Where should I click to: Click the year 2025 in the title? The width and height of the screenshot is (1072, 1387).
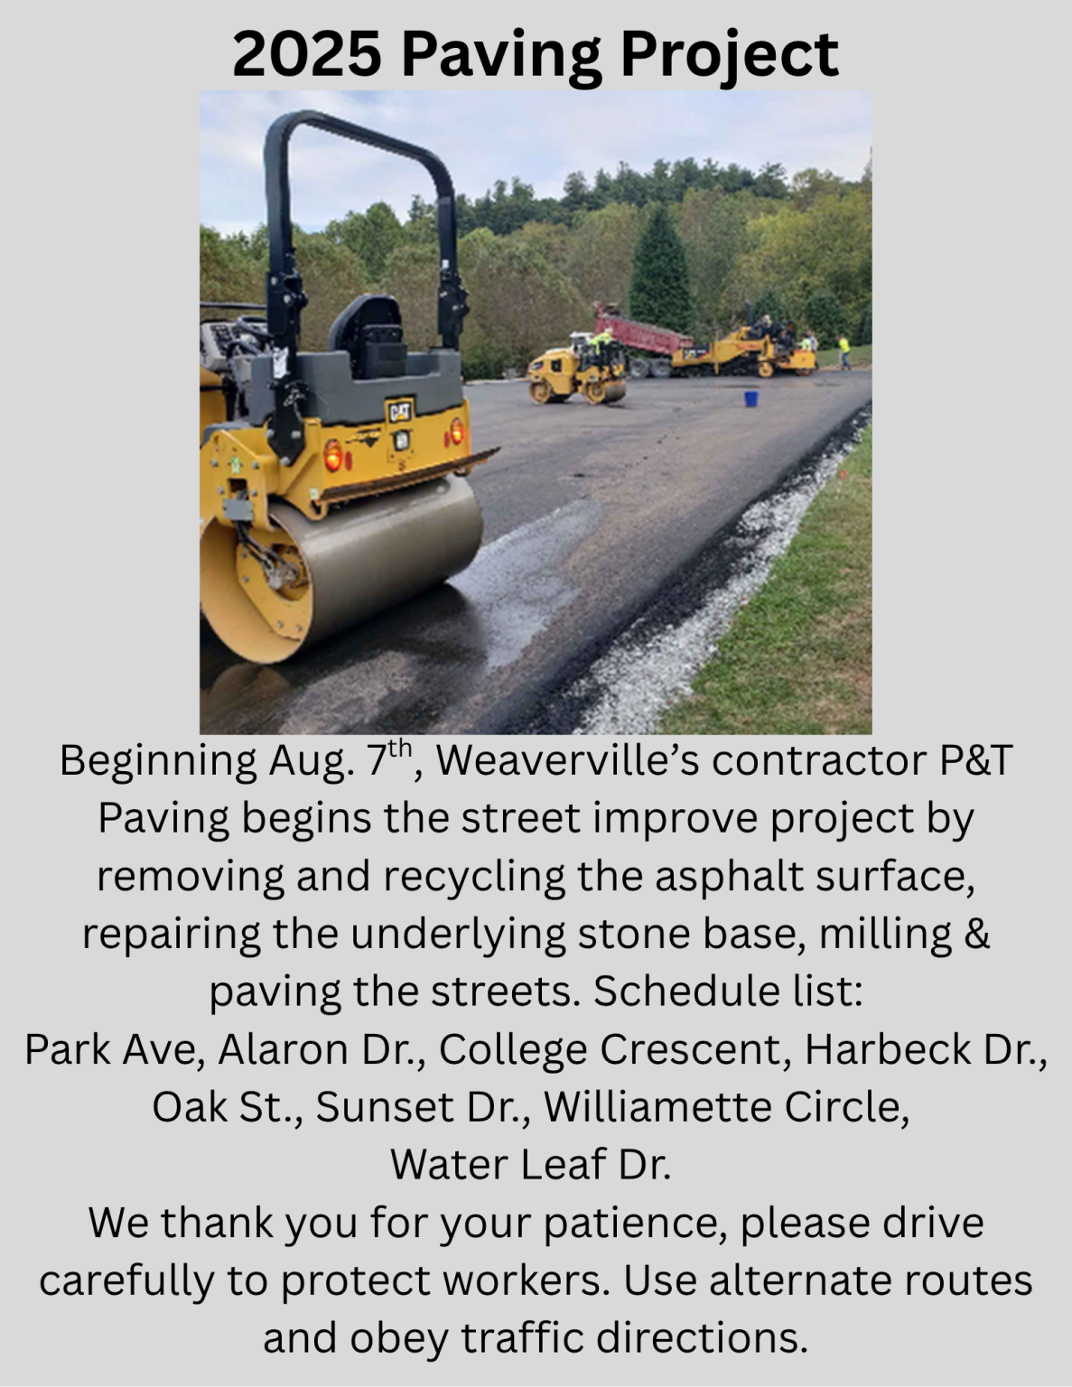click(x=306, y=54)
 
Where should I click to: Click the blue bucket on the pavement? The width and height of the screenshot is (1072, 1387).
click(x=750, y=398)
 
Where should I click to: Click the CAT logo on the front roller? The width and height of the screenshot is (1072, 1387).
click(x=399, y=412)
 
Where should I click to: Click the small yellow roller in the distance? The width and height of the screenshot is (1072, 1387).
click(x=578, y=370)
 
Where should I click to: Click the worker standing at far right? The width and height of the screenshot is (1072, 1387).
click(x=844, y=351)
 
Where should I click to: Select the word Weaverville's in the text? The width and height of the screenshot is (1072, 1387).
click(x=568, y=761)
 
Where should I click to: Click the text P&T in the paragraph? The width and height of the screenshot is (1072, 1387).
click(x=975, y=761)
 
